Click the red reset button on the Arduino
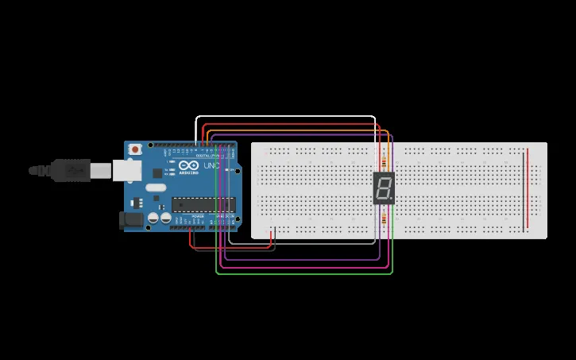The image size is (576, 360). [x=136, y=149]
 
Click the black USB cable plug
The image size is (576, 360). [x=72, y=169]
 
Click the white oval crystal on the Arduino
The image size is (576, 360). [x=157, y=188]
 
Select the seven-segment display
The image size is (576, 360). [x=384, y=188]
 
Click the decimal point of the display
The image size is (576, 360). [x=392, y=199]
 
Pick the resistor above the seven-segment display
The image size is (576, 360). [x=387, y=158]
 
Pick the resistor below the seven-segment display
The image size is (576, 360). [x=387, y=216]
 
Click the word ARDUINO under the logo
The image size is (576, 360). [x=187, y=174]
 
